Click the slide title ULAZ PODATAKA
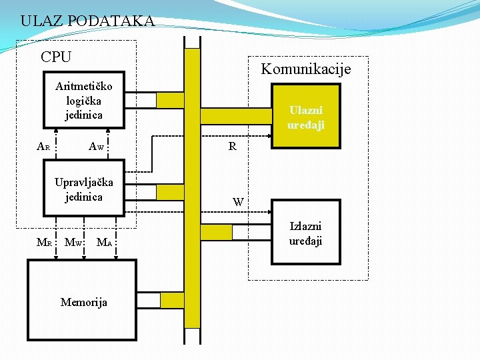coord(87,21)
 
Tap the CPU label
coord(56,57)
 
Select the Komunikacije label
coord(305,69)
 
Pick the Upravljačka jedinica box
coord(84,189)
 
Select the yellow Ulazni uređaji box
coord(305,118)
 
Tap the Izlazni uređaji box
coord(305,234)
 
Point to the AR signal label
coord(43,147)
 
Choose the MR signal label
coord(43,242)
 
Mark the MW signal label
coord(73,242)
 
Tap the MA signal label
coord(104,242)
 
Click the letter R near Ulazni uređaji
coord(232,147)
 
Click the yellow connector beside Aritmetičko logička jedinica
coord(170,100)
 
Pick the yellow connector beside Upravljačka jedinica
coord(170,191)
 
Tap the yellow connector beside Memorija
coord(172,301)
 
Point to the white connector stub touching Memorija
coord(149,301)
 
